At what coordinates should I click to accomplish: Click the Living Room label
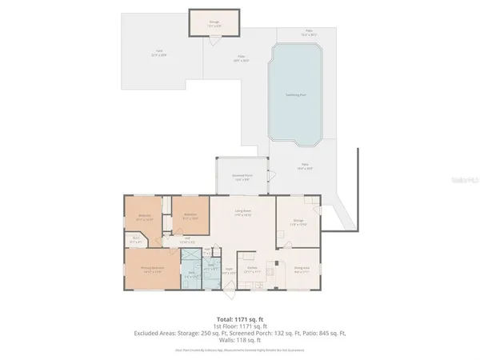click(243, 213)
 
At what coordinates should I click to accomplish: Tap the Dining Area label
click(302, 270)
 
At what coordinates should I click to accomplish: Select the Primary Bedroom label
click(153, 270)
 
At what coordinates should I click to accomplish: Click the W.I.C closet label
click(137, 238)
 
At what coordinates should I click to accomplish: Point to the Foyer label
click(229, 270)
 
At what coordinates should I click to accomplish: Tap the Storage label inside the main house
click(298, 222)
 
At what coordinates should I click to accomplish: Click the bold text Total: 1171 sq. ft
click(239, 319)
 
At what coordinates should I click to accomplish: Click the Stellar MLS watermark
click(462, 182)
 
